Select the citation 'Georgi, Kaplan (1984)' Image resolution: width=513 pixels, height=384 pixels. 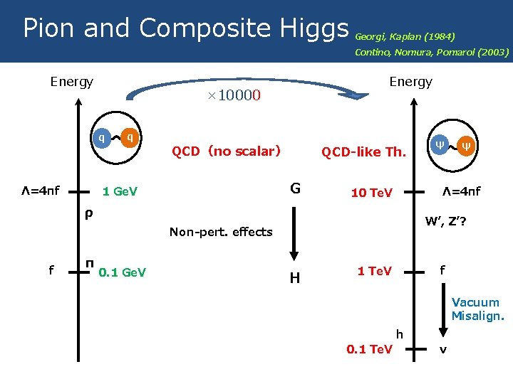pyautogui.click(x=404, y=36)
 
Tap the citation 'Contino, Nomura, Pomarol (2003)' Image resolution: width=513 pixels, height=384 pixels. pyautogui.click(x=431, y=52)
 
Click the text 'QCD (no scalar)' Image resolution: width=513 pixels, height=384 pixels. pyautogui.click(x=226, y=151)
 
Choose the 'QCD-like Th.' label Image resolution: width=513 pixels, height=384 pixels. pyautogui.click(x=363, y=151)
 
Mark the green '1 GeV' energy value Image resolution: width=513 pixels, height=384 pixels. pyautogui.click(x=120, y=192)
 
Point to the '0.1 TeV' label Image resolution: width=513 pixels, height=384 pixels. pyautogui.click(x=369, y=349)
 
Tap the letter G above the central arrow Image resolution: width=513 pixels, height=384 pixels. pyautogui.click(x=295, y=189)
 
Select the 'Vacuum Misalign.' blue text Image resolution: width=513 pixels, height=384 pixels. pyautogui.click(x=477, y=309)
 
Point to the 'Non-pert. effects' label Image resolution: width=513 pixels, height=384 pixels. pyautogui.click(x=221, y=232)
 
